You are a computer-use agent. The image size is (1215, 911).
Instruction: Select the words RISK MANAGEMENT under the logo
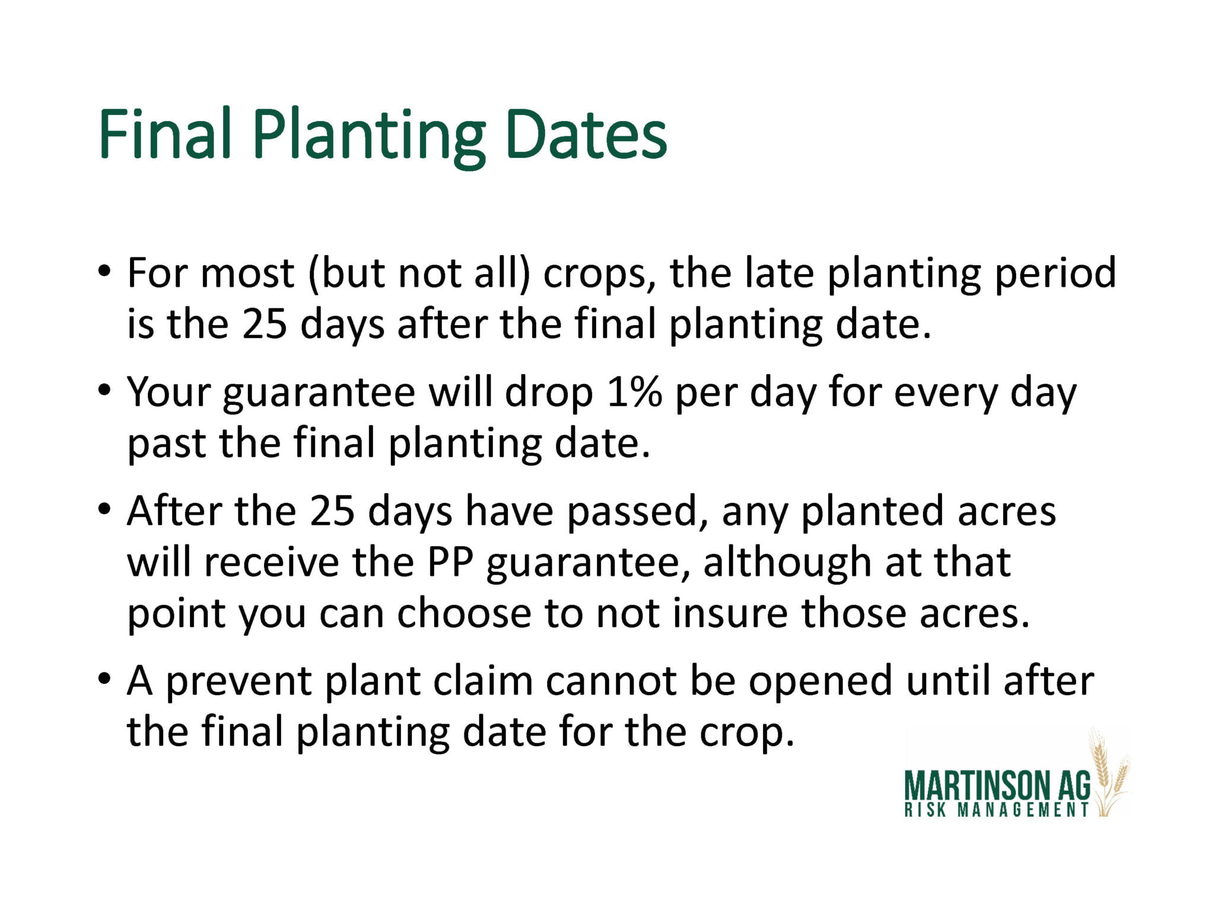point(997,810)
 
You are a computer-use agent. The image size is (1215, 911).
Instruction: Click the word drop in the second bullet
point(548,393)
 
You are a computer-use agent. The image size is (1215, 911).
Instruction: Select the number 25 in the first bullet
point(265,324)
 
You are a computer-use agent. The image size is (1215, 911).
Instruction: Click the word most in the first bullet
point(247,273)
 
